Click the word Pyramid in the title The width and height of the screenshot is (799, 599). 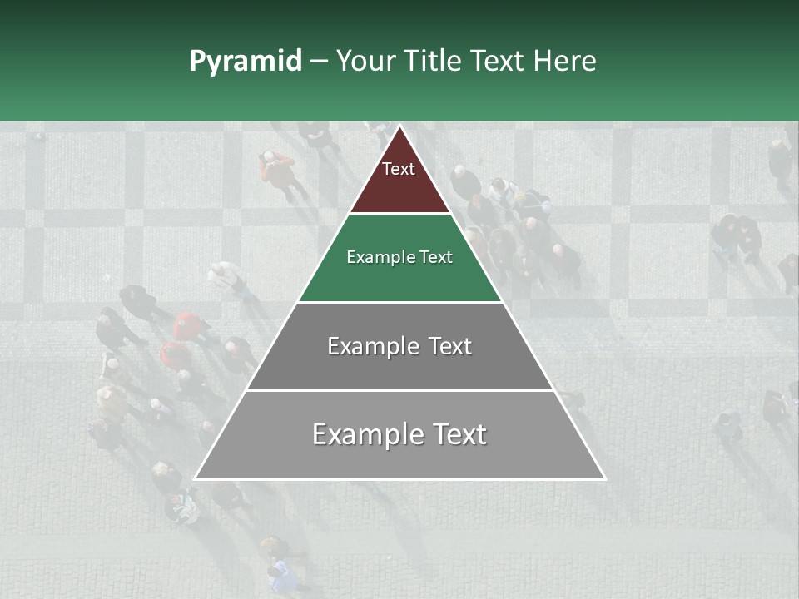245,62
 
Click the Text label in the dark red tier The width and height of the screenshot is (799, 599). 399,169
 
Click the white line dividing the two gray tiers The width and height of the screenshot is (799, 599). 399,390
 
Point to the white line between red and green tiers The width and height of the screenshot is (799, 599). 399,214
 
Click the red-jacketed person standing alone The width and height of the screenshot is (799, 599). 277,171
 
